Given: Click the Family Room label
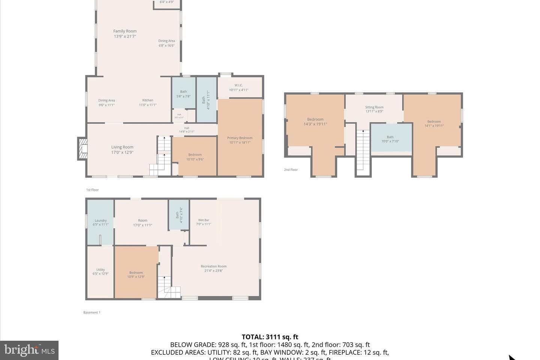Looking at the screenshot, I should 125,34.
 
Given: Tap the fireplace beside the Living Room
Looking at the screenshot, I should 82,149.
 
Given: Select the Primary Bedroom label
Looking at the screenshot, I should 240,140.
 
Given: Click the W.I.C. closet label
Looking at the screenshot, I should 238,87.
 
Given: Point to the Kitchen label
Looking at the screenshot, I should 148,102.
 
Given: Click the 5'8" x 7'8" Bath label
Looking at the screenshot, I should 183,94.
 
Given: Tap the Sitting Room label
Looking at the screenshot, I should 374,109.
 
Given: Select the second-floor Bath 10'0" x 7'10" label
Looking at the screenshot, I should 390,139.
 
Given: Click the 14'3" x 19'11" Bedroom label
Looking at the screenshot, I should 315,121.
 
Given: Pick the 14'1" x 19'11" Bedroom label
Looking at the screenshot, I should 434,123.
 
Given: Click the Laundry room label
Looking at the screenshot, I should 100,222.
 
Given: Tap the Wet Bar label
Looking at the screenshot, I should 204,222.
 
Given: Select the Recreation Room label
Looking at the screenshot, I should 213,268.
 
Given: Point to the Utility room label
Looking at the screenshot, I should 100,271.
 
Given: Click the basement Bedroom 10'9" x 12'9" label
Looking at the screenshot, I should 136,274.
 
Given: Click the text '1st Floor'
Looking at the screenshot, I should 92,190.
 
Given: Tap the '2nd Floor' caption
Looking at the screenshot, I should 291,170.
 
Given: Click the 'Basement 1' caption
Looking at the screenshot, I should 91,312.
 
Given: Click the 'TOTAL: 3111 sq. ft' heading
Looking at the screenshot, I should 270,337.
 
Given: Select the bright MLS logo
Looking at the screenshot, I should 29,350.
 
